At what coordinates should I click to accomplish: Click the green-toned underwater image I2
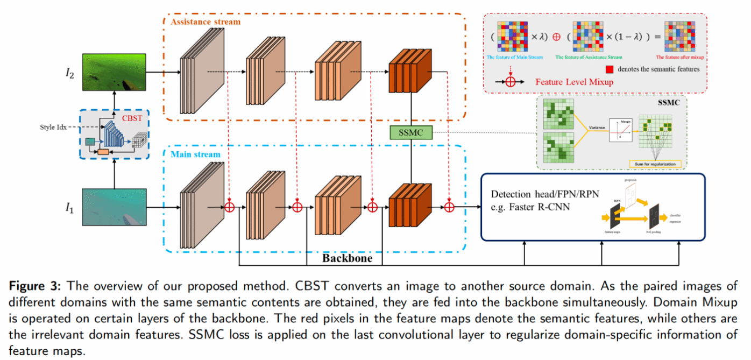[114, 72]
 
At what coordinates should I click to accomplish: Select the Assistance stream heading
[206, 22]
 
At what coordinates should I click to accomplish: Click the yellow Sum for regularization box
[654, 163]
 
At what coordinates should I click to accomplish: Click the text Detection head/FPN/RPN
[544, 195]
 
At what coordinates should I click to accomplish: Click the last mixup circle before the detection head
[450, 207]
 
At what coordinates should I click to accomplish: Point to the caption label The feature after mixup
[678, 57]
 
